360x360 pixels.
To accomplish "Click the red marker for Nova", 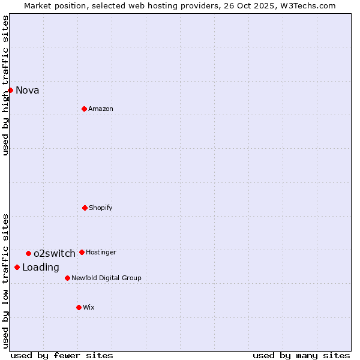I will pos(10,90).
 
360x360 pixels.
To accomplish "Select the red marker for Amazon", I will pos(84,109).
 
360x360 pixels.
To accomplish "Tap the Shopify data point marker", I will pos(85,208).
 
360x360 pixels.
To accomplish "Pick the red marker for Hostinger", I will pos(82,252).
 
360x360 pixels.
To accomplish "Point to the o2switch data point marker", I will pos(28,253).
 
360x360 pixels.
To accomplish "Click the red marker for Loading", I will pos(17,267).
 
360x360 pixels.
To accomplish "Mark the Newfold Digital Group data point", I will pos(67,278).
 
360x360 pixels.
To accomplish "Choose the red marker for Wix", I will pos(79,307).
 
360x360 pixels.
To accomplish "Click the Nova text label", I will pos(27,91).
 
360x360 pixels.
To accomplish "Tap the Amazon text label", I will pos(100,109).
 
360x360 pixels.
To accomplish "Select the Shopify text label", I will pos(100,208).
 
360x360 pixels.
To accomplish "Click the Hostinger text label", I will pos(101,253).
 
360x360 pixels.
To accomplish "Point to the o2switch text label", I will pos(54,254).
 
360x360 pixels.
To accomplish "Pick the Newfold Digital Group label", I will pos(106,278).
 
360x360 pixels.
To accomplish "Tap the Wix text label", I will pos(88,308).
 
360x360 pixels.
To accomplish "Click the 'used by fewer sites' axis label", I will pos(62,355).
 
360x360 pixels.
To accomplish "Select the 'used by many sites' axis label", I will pos(301,355).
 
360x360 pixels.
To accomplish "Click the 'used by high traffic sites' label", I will pos(5,85).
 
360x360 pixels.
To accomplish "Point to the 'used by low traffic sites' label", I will pos(5,280).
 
